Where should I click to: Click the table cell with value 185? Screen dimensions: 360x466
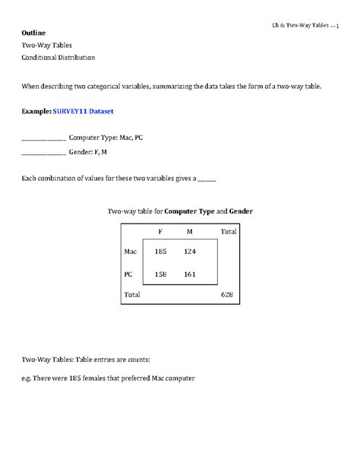160,251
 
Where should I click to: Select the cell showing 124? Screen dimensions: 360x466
189,251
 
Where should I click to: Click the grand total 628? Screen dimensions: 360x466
227,293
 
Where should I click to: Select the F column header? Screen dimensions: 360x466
160,230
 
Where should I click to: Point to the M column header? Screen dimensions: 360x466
189,230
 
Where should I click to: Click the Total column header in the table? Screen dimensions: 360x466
228,230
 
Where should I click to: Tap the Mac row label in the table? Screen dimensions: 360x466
130,251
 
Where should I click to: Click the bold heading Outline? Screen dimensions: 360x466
33,33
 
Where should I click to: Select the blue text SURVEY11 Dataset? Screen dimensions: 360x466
83,112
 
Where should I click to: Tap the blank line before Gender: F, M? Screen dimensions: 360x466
43,152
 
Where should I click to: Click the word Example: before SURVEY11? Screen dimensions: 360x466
36,112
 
